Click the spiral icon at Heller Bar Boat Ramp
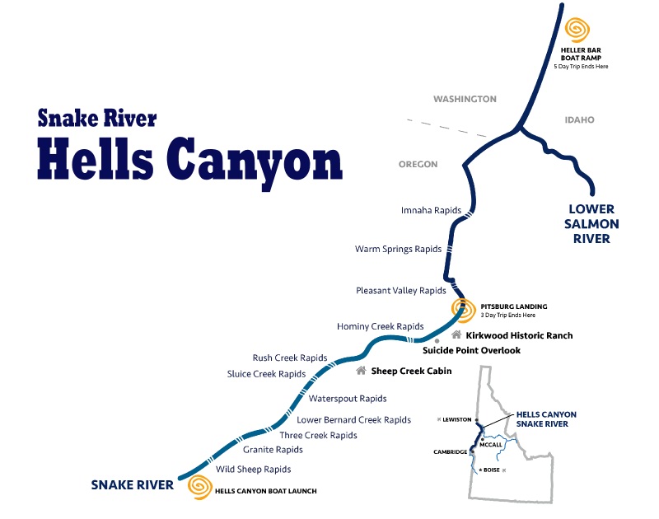[577, 30]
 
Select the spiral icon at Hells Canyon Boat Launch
[199, 486]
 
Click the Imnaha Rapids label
[431, 210]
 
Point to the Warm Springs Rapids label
[399, 249]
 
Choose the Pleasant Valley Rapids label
[401, 290]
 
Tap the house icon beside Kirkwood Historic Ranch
[456, 335]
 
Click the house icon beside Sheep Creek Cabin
[361, 371]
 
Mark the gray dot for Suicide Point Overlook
[437, 340]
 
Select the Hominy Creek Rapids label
[380, 326]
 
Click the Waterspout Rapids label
[348, 399]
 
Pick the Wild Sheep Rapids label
[254, 470]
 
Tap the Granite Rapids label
[273, 450]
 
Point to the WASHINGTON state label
[465, 99]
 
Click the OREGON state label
[418, 165]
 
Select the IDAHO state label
[579, 120]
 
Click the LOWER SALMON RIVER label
[591, 224]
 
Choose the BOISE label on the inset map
[492, 470]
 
